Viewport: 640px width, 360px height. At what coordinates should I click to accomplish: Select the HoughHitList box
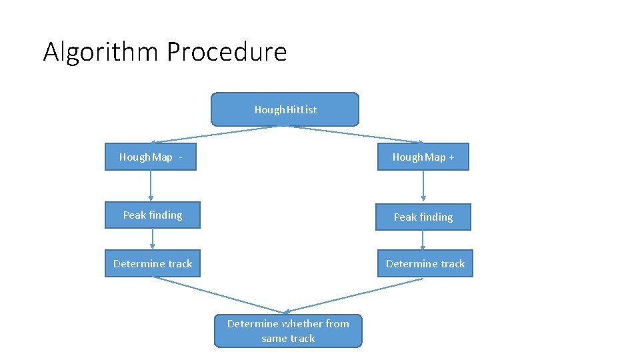click(x=285, y=109)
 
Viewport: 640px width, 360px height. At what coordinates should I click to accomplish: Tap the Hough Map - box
click(x=151, y=157)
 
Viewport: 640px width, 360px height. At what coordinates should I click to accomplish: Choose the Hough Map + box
click(x=423, y=157)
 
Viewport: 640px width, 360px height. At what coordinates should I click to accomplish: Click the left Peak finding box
click(x=152, y=215)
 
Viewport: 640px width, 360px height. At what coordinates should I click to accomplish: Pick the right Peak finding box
click(x=423, y=217)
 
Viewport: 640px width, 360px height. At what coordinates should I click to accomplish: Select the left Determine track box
click(x=152, y=264)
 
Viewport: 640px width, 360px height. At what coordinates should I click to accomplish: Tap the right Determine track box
click(x=425, y=264)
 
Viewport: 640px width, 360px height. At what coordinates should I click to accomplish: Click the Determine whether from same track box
click(x=288, y=331)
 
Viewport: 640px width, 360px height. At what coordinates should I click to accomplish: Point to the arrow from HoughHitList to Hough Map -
click(x=213, y=134)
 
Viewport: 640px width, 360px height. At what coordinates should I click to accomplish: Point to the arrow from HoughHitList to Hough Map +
click(x=357, y=134)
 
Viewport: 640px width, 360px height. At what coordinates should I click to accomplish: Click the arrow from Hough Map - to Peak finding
click(x=151, y=185)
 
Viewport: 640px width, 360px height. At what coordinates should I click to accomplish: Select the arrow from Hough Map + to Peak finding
click(x=423, y=187)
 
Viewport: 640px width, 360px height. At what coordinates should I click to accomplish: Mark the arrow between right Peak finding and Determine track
click(x=423, y=240)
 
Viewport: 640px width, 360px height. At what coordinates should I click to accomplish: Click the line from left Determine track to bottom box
click(x=220, y=295)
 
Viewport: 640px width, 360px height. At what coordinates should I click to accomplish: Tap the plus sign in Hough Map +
click(x=451, y=157)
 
